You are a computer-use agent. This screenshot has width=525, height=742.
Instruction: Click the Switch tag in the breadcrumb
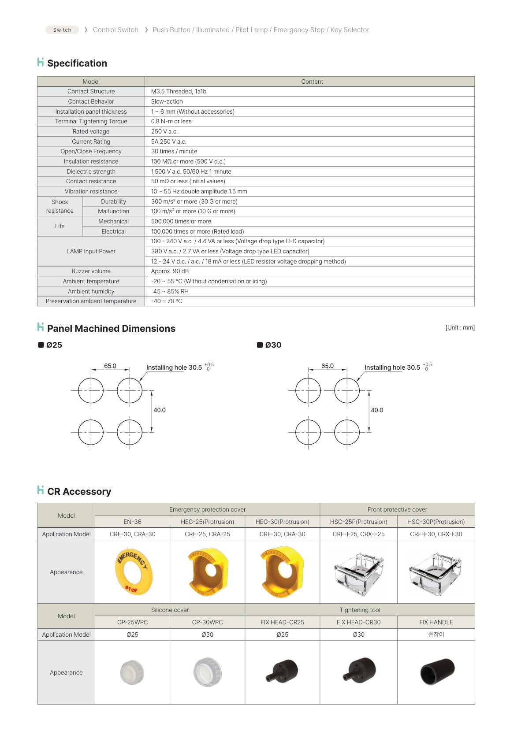62,30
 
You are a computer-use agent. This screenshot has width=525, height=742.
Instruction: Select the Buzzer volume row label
91,271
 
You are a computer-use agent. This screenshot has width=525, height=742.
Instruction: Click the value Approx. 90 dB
170,271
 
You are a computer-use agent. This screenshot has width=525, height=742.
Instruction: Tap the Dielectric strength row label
91,172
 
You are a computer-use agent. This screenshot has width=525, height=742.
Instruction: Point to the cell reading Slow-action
167,102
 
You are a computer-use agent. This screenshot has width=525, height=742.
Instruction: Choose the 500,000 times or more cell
181,222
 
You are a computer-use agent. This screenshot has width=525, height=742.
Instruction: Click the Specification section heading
77,63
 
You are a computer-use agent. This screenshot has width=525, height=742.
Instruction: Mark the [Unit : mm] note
460,328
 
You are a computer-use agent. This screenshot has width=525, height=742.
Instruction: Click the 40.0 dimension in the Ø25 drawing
160,410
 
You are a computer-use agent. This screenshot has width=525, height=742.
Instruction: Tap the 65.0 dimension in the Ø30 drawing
328,366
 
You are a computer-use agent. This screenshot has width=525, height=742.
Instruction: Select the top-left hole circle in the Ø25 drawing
91,390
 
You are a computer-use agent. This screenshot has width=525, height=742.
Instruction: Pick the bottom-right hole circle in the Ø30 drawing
347,432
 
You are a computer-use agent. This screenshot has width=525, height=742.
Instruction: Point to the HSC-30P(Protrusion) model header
436,522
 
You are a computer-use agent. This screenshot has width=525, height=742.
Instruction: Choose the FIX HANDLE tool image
437,672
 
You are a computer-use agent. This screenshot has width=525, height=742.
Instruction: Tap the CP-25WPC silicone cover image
132,672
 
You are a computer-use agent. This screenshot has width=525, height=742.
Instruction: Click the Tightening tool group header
360,610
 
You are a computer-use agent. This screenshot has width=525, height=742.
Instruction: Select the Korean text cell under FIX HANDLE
436,635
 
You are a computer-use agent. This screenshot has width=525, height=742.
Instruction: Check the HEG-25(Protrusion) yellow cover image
208,571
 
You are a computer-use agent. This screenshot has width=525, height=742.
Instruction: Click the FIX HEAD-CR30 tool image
360,672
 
